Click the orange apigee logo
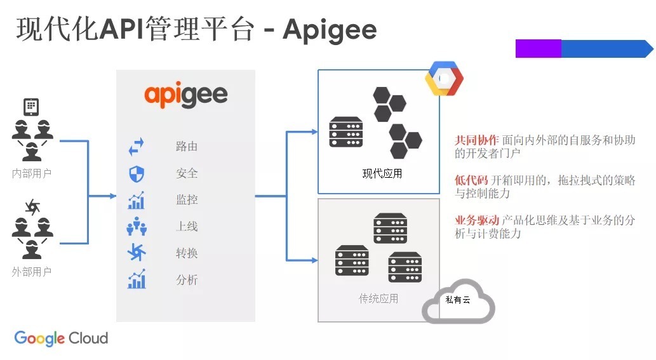coord(186,95)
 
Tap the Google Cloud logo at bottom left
coord(61,338)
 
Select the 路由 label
coord(187,147)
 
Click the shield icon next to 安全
coord(137,173)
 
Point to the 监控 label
coord(187,200)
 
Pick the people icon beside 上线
coord(137,226)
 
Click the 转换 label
coord(187,253)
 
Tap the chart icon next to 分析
coord(137,279)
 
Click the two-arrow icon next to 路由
coord(137,147)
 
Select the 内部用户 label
coord(32,173)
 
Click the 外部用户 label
coord(32,272)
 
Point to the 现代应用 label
coord(382,173)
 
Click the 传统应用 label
coord(378,298)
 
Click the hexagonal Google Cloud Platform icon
coord(444,79)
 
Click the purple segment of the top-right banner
coord(538,49)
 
